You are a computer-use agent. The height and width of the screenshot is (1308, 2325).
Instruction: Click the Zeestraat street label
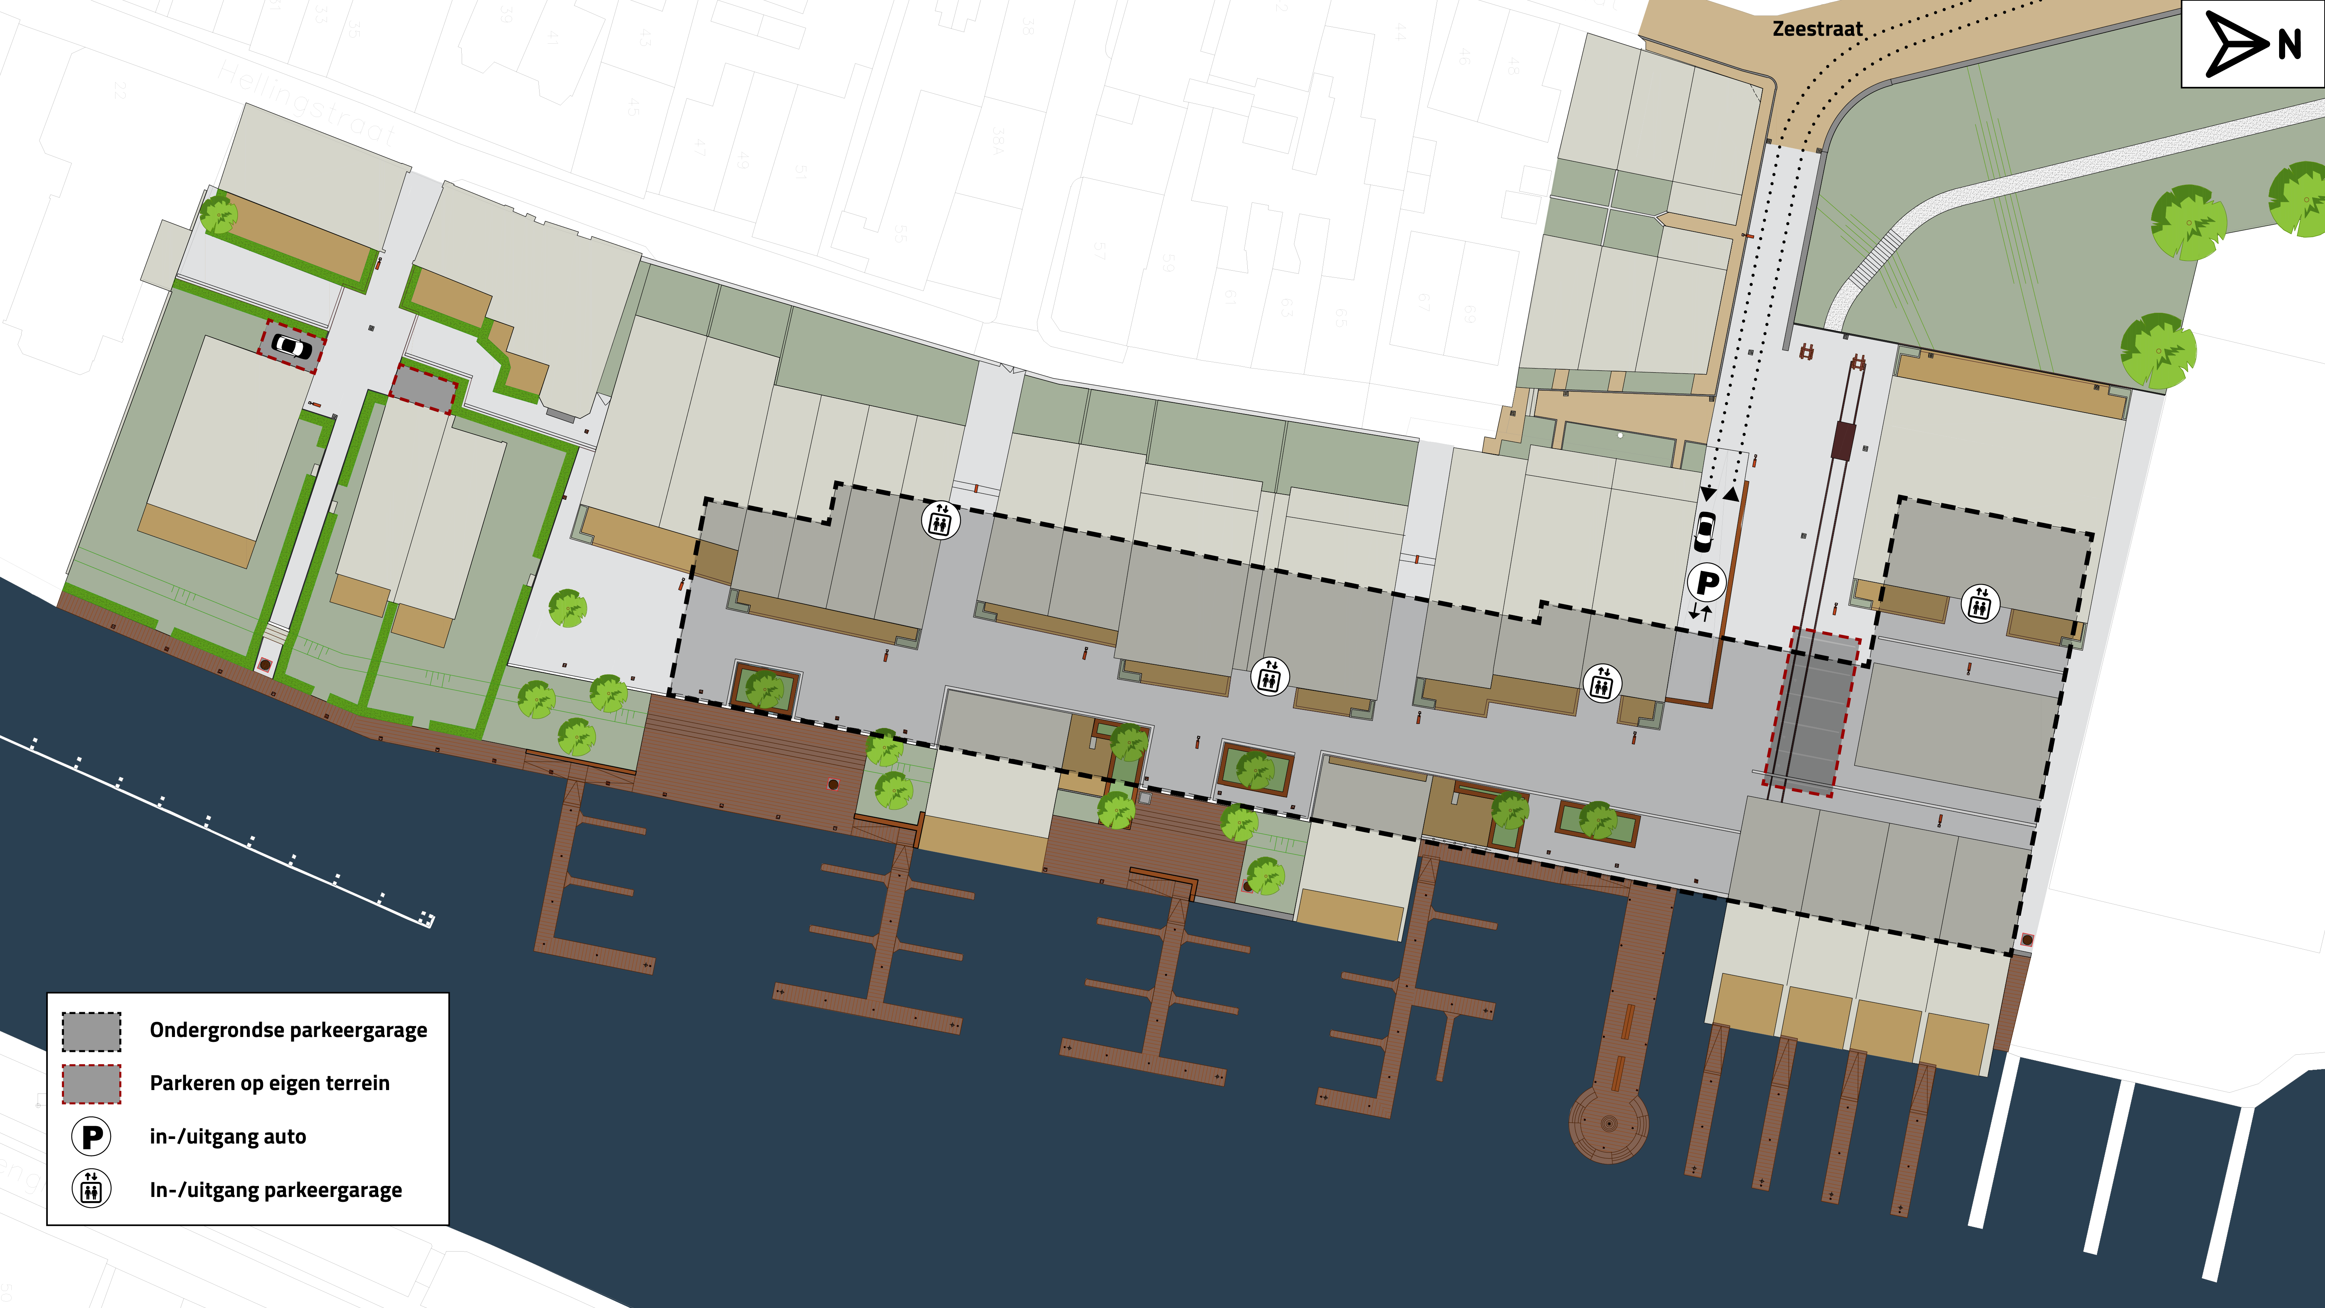click(x=1817, y=29)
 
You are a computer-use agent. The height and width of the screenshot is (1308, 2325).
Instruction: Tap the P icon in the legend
click(x=91, y=1136)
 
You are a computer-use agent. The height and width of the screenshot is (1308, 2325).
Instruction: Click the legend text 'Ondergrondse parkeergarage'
click(x=288, y=1030)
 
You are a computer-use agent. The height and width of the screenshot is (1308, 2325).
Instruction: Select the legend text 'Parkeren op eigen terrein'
click(x=269, y=1083)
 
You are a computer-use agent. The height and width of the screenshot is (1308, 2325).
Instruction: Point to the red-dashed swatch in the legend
click(x=91, y=1083)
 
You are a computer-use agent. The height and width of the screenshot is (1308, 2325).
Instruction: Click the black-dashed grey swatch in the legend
click(x=91, y=1031)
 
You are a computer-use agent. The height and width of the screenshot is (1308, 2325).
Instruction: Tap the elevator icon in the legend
click(x=91, y=1189)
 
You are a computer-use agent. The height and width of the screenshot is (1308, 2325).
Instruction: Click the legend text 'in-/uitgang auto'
click(x=227, y=1136)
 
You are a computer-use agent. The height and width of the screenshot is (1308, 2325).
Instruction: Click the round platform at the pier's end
click(x=1608, y=1124)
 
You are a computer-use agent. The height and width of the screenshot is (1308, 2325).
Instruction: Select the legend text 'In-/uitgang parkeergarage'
click(x=275, y=1190)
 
